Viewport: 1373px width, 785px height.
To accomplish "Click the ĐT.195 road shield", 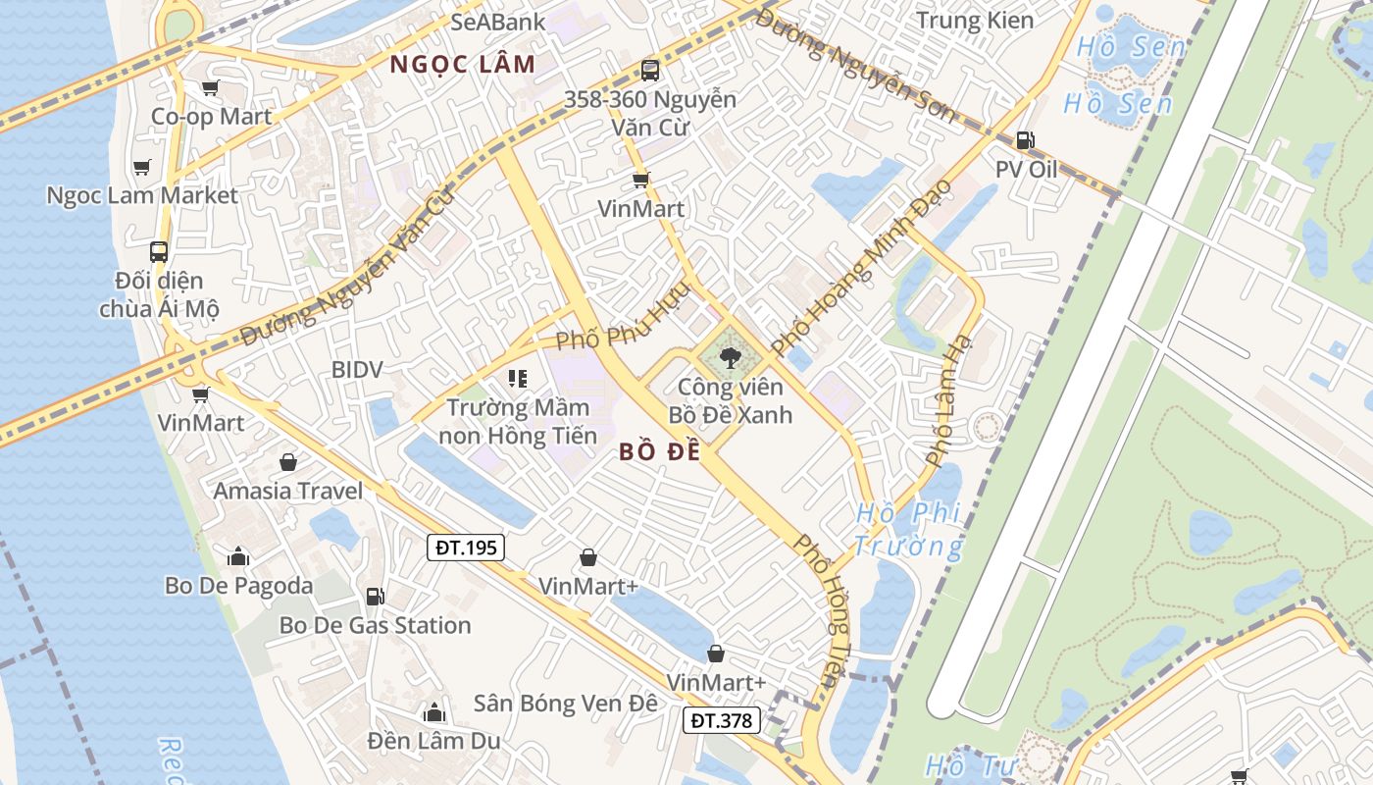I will coord(466,548).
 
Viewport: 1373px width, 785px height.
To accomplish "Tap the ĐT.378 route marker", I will coord(722,720).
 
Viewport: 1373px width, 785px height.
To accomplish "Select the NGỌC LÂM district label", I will coord(463,65).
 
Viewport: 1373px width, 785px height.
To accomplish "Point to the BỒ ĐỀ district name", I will coord(660,452).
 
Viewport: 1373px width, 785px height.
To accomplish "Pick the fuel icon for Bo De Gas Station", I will coord(375,596).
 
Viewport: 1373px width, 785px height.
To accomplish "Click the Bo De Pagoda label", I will coord(238,586).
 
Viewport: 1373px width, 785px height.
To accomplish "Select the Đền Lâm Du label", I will coord(433,740).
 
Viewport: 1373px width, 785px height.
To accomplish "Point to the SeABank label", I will coord(498,21).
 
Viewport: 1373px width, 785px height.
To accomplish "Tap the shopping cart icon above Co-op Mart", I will coord(210,88).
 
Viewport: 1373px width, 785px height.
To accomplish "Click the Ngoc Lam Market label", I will coord(142,195).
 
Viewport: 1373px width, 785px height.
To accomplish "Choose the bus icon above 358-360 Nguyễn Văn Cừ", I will coord(649,70).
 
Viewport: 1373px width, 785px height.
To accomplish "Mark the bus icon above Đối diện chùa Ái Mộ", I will coord(159,251).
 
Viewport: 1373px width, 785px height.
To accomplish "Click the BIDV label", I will coord(357,370).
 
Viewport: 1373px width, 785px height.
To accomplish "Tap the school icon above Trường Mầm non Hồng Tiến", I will coord(518,378).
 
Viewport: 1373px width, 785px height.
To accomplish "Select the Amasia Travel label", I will coord(288,491).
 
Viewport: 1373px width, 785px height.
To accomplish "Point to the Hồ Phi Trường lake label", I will coord(908,529).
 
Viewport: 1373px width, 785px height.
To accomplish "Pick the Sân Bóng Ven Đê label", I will coord(565,704).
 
